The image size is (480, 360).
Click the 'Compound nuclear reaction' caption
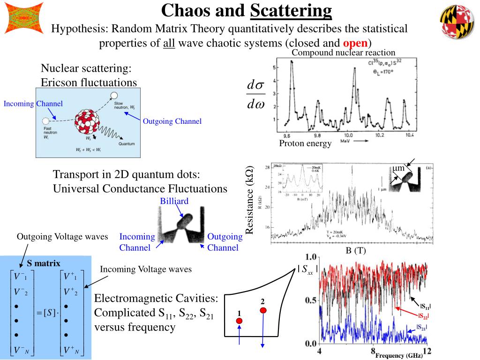pos(344,52)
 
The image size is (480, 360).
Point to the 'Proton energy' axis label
pos(305,143)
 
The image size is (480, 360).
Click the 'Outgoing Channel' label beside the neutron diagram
pos(172,121)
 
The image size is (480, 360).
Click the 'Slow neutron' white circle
pos(114,96)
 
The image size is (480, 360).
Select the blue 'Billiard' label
pos(174,201)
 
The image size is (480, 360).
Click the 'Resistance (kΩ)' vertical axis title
pos(250,200)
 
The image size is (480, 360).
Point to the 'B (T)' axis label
pos(356,251)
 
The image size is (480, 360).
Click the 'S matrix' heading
pos(44,263)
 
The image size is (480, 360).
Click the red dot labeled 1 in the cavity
pos(239,321)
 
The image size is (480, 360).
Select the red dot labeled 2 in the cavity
pos(263,310)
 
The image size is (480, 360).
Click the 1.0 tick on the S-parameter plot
pos(311,257)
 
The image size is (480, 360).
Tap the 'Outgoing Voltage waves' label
pos(62,237)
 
